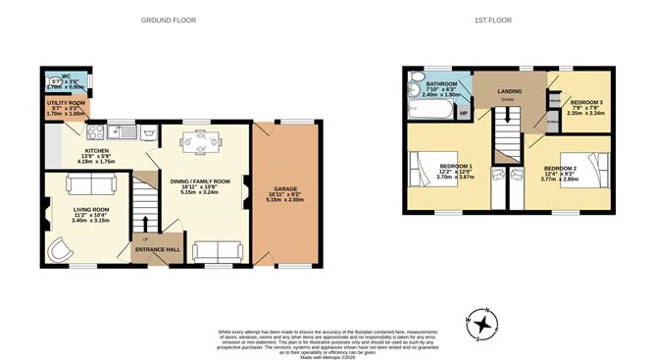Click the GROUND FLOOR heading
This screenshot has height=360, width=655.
(x=168, y=20)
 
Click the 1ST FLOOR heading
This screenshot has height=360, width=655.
(x=492, y=20)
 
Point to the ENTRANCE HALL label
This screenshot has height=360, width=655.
(x=157, y=249)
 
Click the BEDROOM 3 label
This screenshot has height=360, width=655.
(x=585, y=101)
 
